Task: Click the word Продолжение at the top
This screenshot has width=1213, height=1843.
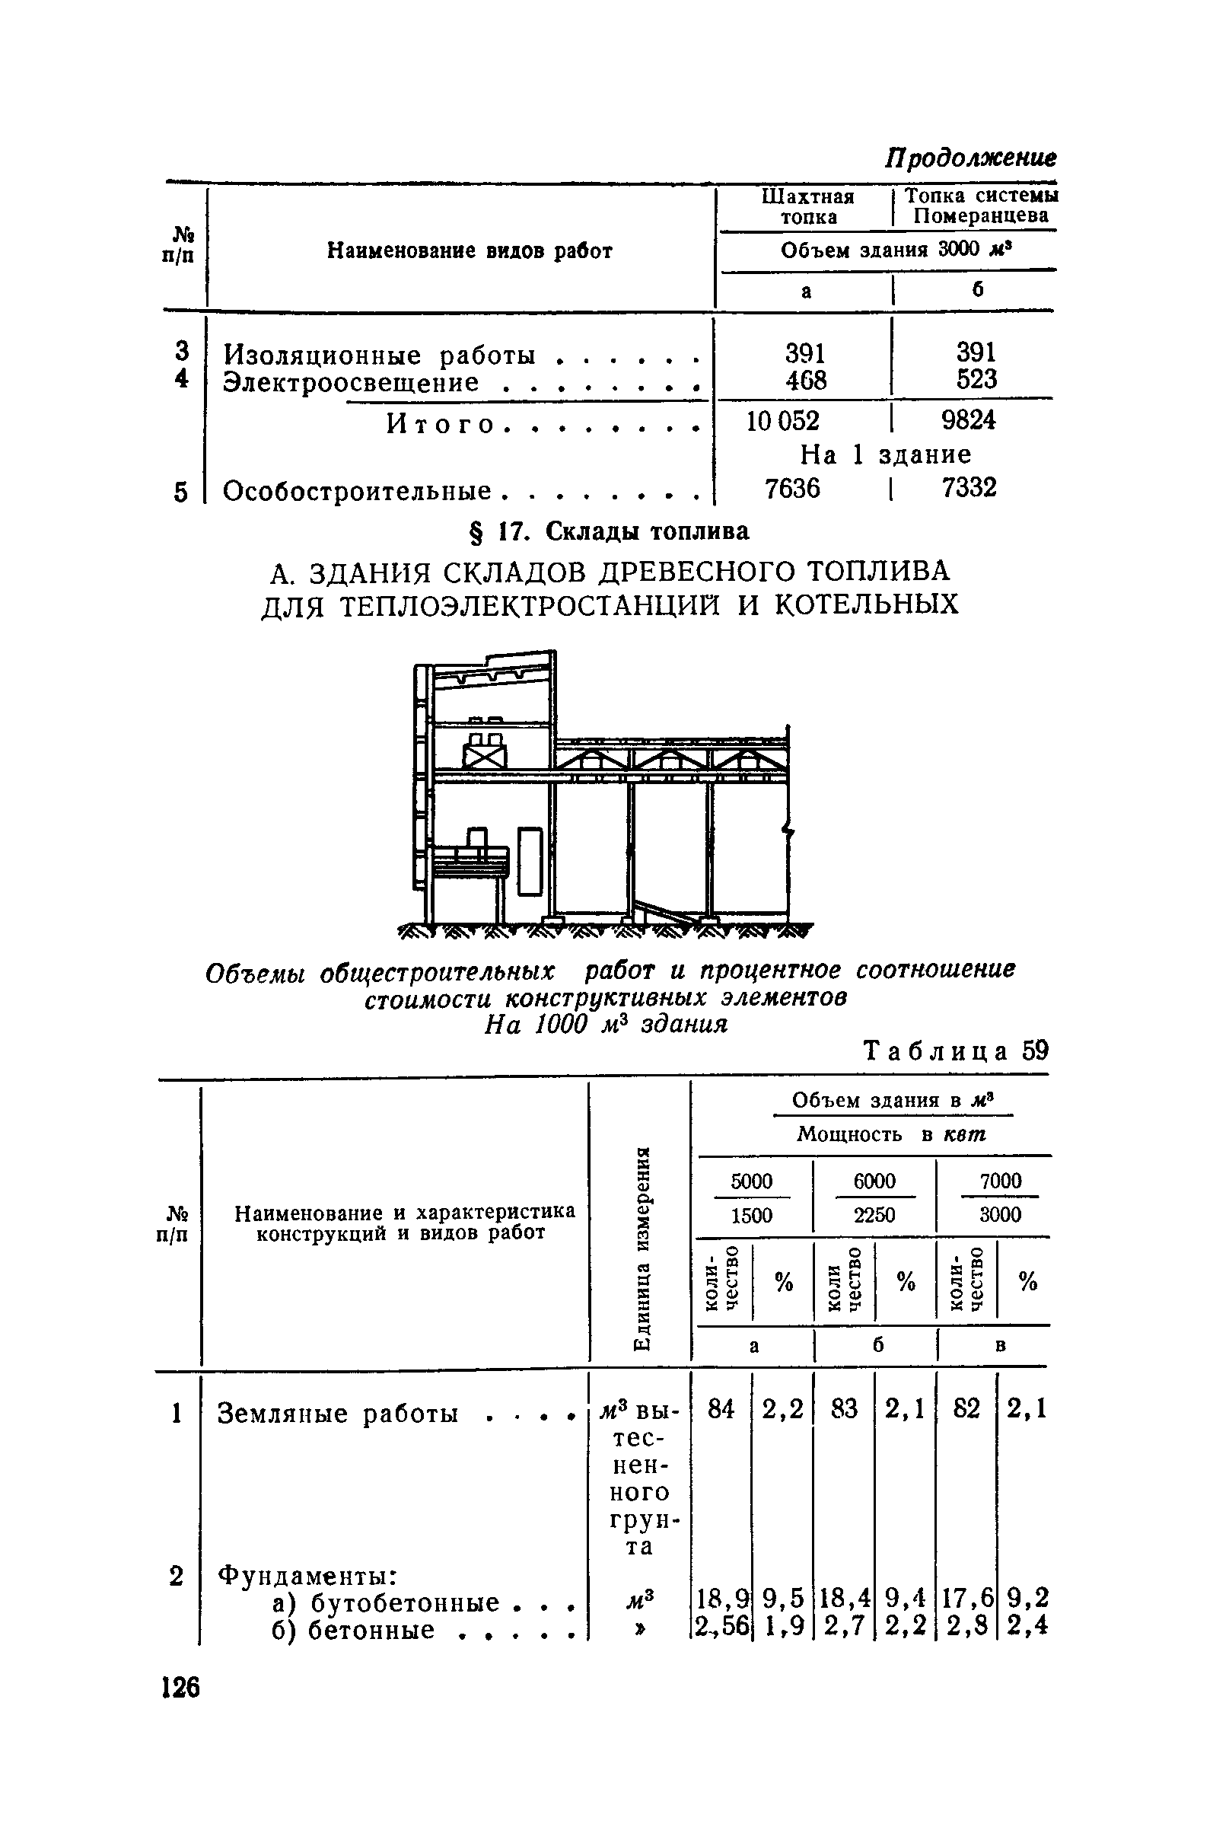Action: (x=970, y=158)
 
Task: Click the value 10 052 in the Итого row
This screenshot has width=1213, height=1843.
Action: (x=782, y=420)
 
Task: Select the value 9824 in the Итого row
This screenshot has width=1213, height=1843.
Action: (x=969, y=420)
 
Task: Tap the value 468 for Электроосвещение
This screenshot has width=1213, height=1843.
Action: (x=805, y=379)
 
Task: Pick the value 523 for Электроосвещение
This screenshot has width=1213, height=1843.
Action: (x=976, y=379)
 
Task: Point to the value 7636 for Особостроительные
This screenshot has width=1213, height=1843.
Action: (x=792, y=488)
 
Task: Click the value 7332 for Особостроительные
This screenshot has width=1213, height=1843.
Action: (x=969, y=488)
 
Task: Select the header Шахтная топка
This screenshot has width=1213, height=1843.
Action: (x=808, y=206)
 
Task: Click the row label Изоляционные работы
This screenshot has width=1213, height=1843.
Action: (x=379, y=356)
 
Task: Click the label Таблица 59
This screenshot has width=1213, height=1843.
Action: (x=955, y=1051)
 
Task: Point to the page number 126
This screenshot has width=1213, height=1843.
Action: (x=180, y=1686)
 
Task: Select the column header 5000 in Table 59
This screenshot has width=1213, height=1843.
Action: (x=752, y=1180)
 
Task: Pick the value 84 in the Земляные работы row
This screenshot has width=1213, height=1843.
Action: (x=721, y=1408)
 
